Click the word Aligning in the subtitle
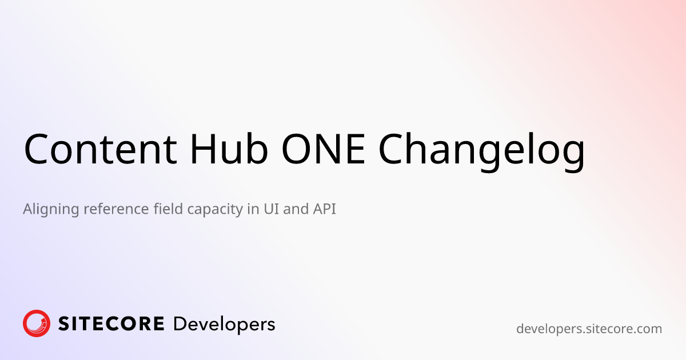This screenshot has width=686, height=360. (x=50, y=210)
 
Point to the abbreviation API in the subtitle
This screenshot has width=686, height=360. (x=324, y=209)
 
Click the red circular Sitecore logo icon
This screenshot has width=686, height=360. (x=37, y=323)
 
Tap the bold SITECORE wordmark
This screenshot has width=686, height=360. (x=111, y=324)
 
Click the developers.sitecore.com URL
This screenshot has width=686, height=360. (x=589, y=329)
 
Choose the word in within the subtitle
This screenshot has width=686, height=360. (x=252, y=209)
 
